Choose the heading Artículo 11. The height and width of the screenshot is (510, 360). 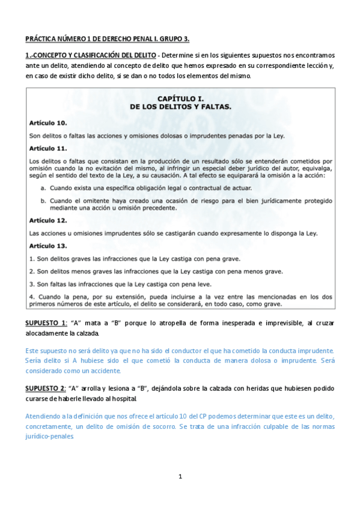pyautogui.click(x=48, y=148)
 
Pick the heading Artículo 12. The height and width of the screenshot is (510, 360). pyautogui.click(x=48, y=220)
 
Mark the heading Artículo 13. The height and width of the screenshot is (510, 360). pyautogui.click(x=48, y=245)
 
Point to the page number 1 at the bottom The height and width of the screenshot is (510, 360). pyautogui.click(x=180, y=477)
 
